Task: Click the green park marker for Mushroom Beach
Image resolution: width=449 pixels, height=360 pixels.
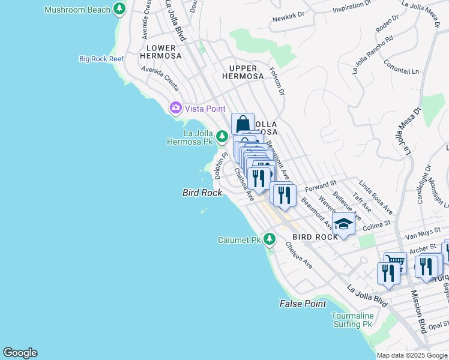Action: [120, 9]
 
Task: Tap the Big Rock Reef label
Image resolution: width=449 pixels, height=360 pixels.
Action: [101, 59]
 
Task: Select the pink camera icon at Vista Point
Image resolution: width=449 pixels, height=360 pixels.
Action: [176, 108]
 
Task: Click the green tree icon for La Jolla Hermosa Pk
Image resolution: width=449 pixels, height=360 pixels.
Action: [221, 138]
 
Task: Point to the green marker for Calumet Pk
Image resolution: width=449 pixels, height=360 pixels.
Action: [270, 239]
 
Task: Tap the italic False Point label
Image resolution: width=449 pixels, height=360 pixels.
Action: [303, 304]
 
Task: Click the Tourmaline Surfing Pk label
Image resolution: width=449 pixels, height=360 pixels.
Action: [352, 320]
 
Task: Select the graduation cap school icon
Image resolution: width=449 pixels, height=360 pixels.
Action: [343, 224]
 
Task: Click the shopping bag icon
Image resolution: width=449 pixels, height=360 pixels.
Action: [243, 124]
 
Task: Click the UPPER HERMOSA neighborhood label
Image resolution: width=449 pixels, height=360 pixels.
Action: [243, 72]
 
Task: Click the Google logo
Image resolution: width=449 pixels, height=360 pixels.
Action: [20, 353]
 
